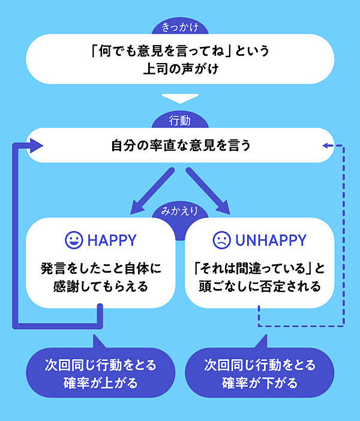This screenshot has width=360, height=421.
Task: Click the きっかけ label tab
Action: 179,27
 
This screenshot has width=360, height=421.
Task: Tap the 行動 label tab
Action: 179,121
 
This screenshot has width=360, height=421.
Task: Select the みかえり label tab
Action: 179,211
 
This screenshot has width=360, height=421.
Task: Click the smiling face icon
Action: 74,240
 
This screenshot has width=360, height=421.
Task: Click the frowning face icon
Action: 221,240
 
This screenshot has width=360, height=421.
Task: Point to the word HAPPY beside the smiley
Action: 112,240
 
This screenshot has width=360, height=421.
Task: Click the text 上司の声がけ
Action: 179,68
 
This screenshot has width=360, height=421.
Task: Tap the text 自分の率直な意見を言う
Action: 179,145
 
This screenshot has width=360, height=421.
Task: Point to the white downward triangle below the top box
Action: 179,98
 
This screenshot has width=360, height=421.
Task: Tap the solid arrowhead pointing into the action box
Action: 36,145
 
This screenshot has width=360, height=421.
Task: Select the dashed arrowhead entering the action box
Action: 326,145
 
